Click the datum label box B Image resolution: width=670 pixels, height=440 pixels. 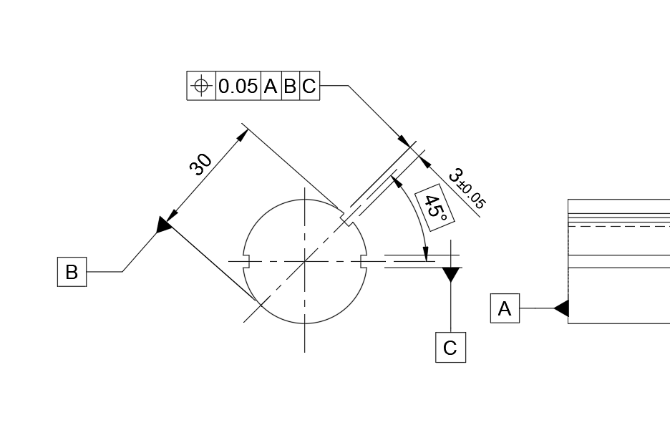72,272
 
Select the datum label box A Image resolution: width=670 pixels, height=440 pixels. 505,308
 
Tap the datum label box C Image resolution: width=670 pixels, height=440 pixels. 450,347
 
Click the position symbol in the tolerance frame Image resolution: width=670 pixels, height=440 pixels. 201,86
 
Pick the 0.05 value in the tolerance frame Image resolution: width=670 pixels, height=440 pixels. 238,87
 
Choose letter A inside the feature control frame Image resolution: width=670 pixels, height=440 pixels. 271,87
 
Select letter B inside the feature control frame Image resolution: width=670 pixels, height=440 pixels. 290,87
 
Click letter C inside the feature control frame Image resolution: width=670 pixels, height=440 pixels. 309,87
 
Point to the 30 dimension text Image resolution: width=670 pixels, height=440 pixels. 200,164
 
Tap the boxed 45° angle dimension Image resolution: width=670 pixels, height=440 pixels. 434,207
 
